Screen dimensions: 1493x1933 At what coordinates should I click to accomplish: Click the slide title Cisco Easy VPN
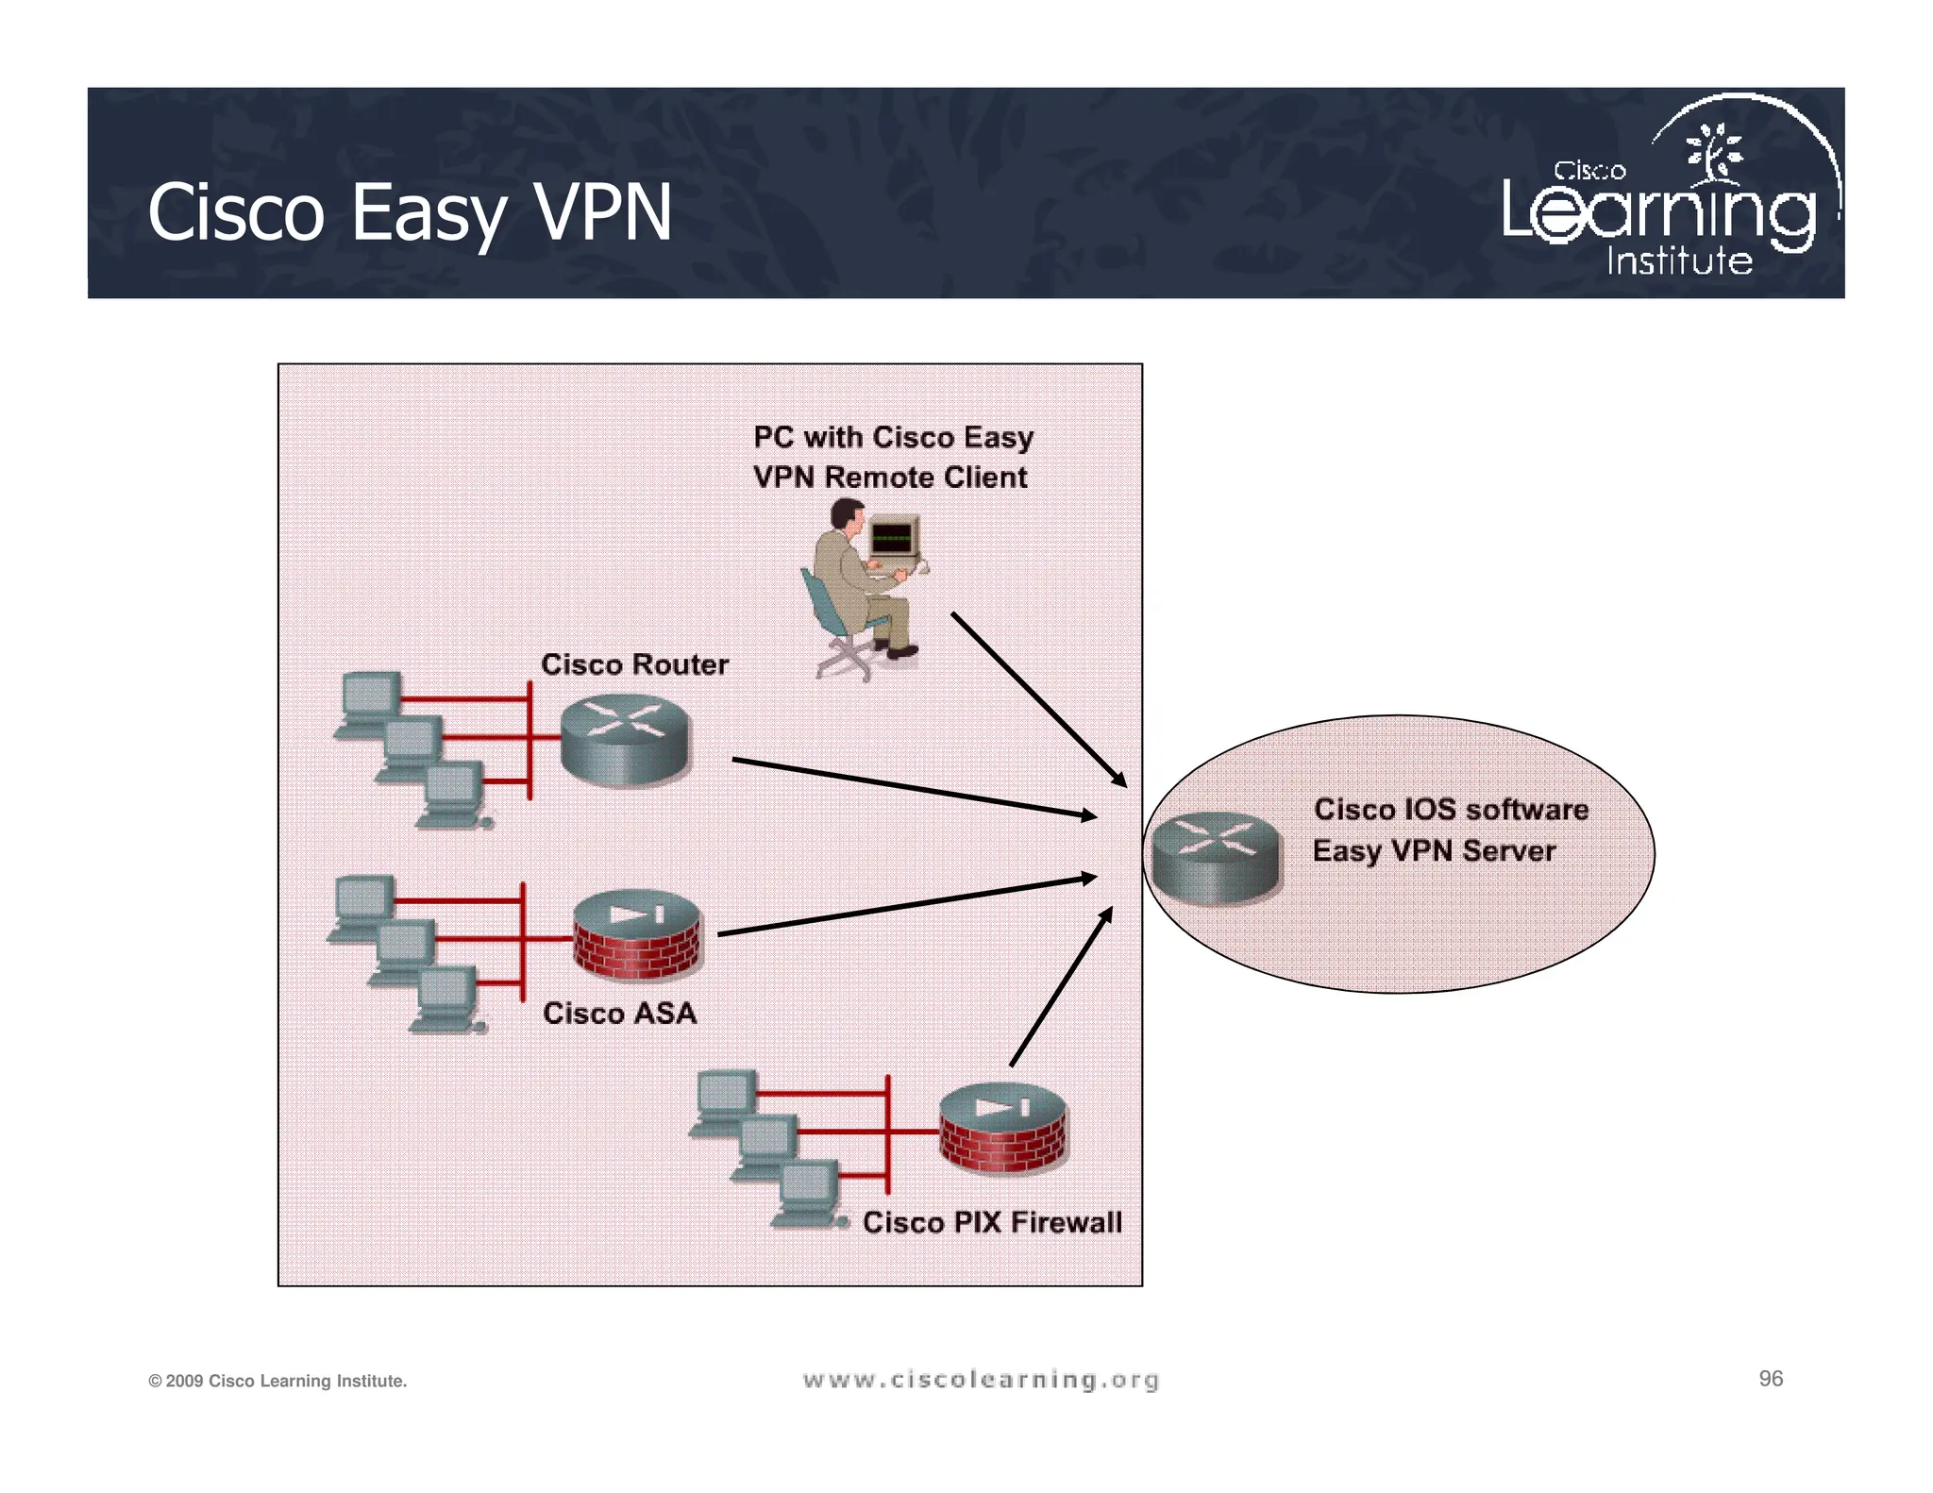(409, 212)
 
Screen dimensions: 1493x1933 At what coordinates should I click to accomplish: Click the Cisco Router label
(634, 664)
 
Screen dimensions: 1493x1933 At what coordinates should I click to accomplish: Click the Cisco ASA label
(619, 1013)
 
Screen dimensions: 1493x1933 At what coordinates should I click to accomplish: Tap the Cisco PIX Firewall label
(992, 1222)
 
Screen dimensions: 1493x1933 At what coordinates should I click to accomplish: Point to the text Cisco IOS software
(1451, 810)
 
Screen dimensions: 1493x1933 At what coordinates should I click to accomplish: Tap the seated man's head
(847, 516)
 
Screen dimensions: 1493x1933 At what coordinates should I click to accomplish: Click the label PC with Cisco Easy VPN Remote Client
(892, 457)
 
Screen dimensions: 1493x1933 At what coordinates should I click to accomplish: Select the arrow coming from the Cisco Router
(914, 787)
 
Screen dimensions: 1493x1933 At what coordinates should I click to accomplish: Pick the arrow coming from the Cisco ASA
(906, 906)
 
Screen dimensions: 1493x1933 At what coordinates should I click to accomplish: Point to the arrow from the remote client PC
(1038, 699)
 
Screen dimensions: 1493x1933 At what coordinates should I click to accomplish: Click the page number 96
(1771, 1379)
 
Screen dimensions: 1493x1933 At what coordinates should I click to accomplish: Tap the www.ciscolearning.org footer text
(981, 1380)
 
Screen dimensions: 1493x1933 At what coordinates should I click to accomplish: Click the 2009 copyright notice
(277, 1382)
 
